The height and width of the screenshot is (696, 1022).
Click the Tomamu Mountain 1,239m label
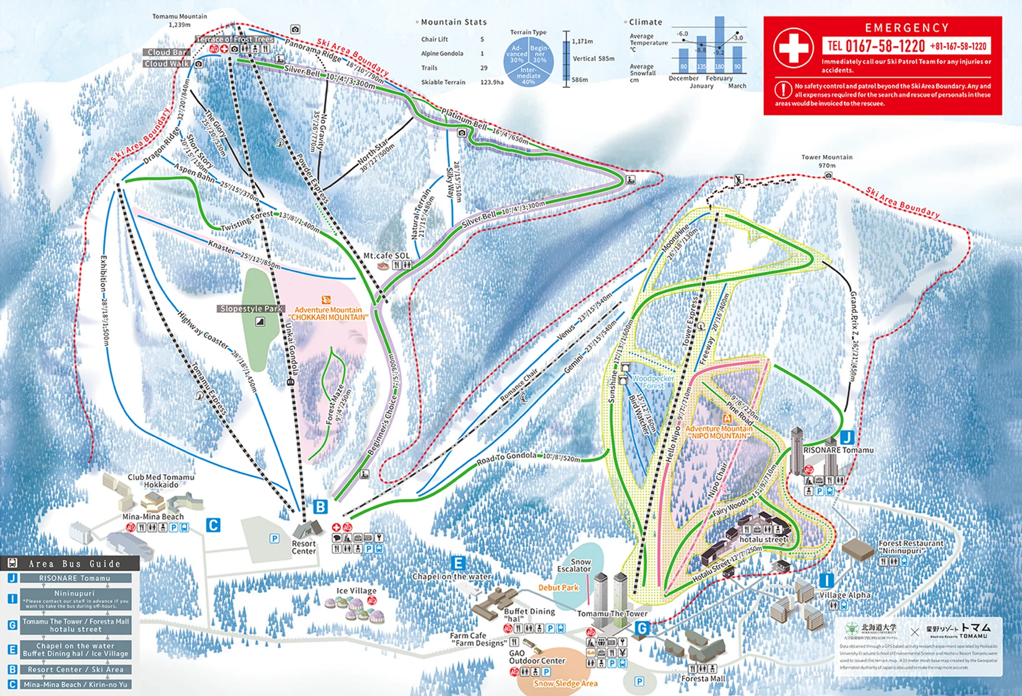179,20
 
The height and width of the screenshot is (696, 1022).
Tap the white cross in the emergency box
793,48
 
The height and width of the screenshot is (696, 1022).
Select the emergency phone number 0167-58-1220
885,46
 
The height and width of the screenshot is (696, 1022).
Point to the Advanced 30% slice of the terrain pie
517,54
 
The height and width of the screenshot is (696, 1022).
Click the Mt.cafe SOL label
386,256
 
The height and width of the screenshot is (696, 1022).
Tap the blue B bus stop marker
320,507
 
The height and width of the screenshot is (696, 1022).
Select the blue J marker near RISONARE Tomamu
847,437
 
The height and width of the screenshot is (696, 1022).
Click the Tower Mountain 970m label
826,161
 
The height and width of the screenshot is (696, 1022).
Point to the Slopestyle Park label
251,309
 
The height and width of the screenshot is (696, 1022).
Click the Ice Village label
356,591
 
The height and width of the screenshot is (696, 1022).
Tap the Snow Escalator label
574,565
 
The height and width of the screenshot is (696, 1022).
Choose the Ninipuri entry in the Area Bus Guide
75,598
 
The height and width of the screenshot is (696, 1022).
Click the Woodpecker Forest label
653,382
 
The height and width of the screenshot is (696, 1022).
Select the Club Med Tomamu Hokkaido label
161,481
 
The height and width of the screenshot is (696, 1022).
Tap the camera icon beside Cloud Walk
199,64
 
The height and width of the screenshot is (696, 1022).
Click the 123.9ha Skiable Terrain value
492,82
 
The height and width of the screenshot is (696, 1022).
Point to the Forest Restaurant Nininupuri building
858,549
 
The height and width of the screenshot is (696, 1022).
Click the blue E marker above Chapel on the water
458,563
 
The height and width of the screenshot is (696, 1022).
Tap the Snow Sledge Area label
565,683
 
